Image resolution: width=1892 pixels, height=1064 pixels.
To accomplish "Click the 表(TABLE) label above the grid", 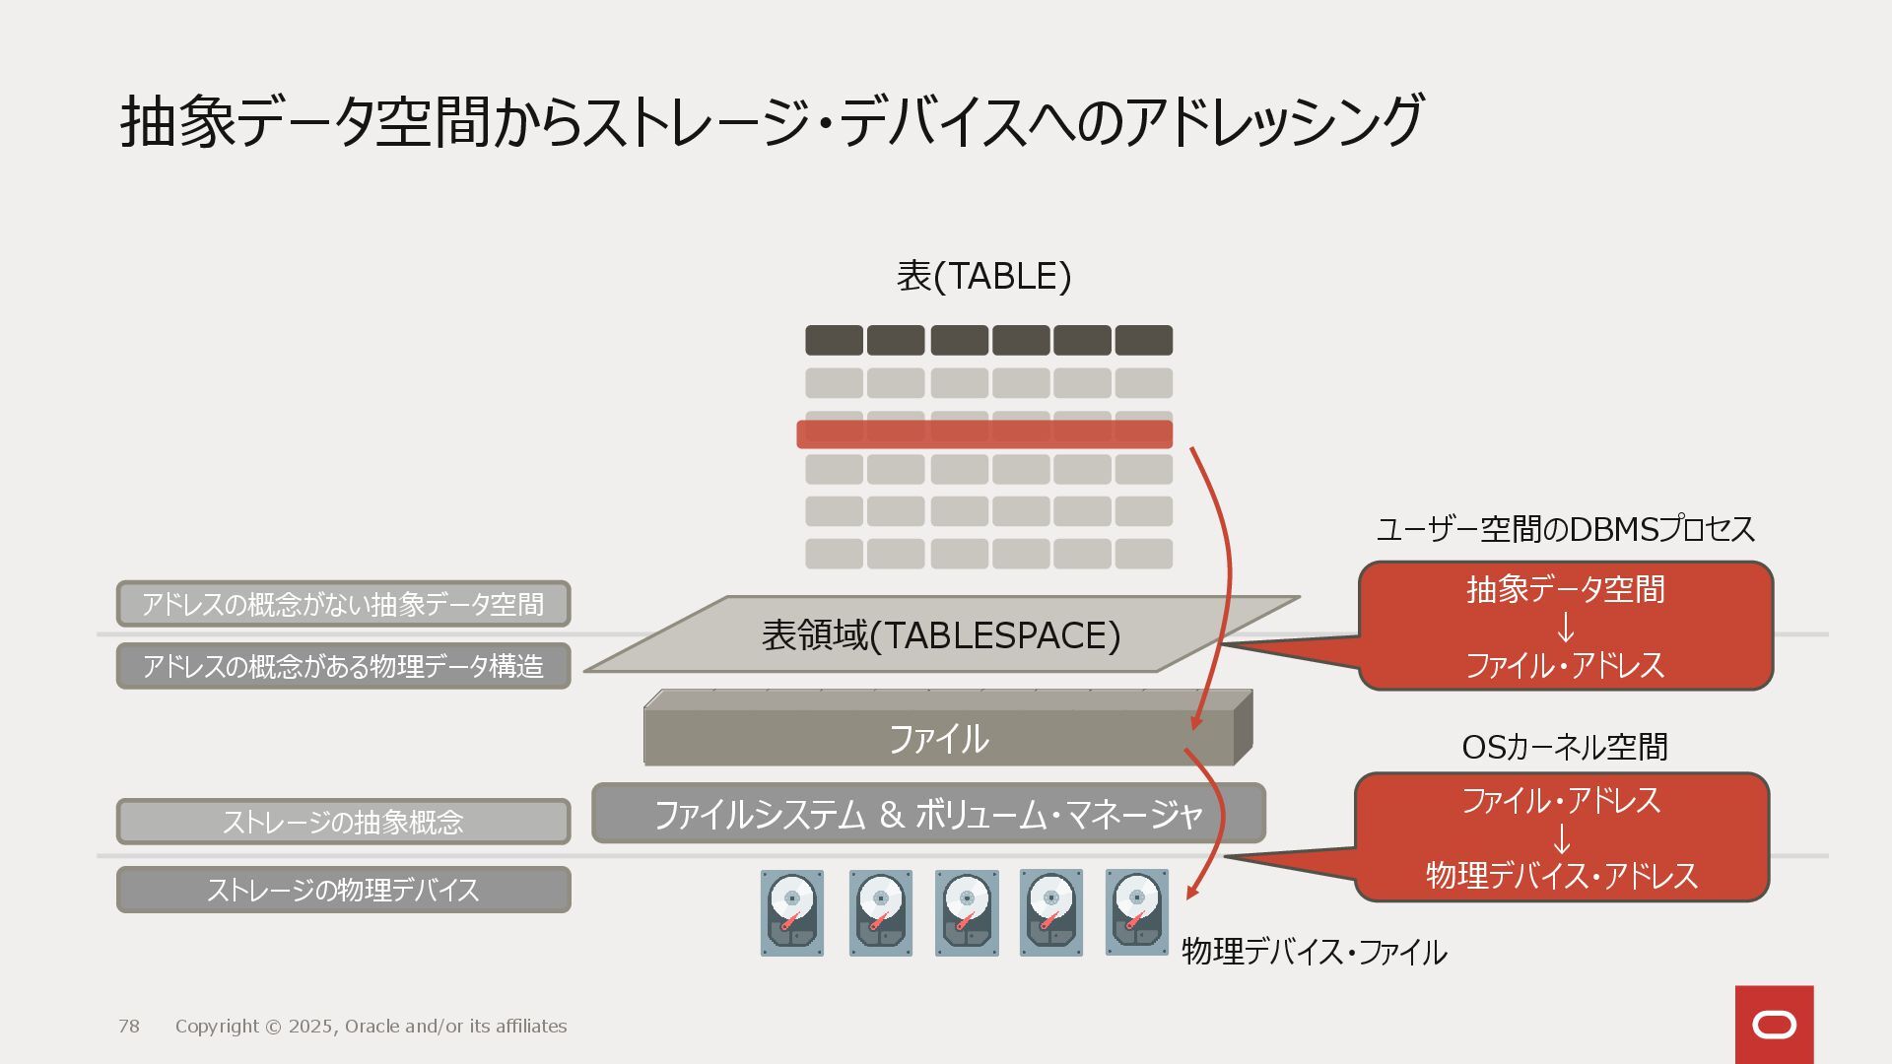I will (x=983, y=277).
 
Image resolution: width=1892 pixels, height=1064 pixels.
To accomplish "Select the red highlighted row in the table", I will (x=983, y=434).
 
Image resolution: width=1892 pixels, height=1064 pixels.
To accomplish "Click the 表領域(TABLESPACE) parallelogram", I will (x=941, y=635).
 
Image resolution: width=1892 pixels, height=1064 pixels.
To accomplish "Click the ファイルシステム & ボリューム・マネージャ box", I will (x=928, y=814).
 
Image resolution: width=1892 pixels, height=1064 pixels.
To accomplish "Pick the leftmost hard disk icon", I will (x=791, y=912).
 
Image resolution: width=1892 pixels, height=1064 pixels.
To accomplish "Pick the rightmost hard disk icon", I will (x=1136, y=912).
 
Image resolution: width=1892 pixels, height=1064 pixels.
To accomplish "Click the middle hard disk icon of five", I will (x=966, y=912).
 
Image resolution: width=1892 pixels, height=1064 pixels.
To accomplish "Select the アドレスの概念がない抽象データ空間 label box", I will (x=343, y=604).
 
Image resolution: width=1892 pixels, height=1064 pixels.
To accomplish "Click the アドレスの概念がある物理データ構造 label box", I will (x=343, y=666).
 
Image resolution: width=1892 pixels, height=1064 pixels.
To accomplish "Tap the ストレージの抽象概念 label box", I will (x=343, y=822).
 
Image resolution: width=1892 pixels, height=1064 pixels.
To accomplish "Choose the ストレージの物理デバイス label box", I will (x=343, y=890).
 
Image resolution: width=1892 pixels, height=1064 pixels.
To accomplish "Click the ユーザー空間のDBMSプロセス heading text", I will (x=1565, y=530).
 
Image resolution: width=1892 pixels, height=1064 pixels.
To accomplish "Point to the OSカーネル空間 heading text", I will (x=1564, y=748).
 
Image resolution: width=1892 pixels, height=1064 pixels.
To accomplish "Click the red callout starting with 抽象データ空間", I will (x=1565, y=627).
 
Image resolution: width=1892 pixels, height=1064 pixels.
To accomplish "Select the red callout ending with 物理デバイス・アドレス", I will (x=1562, y=837).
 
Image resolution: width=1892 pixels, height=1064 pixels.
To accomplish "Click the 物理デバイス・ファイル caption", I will (x=1314, y=952).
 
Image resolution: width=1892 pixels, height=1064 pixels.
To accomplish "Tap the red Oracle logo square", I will (x=1774, y=1025).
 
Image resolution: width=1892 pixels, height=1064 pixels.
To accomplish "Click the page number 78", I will (x=129, y=1027).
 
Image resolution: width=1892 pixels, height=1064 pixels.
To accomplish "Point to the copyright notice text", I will (x=371, y=1027).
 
